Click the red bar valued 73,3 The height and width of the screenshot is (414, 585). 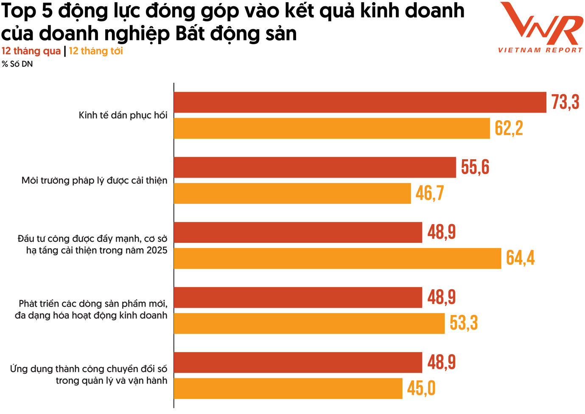click(360, 102)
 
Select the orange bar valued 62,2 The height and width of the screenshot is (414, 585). click(332, 128)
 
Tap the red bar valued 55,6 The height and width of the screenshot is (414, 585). click(315, 167)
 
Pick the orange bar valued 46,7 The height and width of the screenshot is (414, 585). click(292, 193)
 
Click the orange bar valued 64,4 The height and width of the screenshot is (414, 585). click(337, 258)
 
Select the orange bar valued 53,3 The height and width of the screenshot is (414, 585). click(309, 323)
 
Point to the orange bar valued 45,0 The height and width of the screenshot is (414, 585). click(288, 388)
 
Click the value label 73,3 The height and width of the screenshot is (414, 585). click(565, 102)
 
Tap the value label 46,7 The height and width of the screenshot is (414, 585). click(429, 193)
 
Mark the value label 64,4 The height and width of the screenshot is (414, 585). click(520, 258)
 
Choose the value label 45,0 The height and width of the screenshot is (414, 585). click(421, 388)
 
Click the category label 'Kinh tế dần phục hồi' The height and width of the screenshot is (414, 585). click(123, 115)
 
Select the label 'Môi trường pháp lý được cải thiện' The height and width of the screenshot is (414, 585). click(94, 180)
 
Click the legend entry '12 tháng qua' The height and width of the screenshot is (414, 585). click(31, 51)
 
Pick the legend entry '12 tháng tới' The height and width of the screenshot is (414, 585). click(96, 51)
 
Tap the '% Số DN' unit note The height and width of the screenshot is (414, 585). click(17, 64)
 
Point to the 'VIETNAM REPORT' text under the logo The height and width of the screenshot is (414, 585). click(540, 50)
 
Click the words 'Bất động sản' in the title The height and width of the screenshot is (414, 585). click(236, 34)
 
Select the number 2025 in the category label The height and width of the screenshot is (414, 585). click(157, 251)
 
